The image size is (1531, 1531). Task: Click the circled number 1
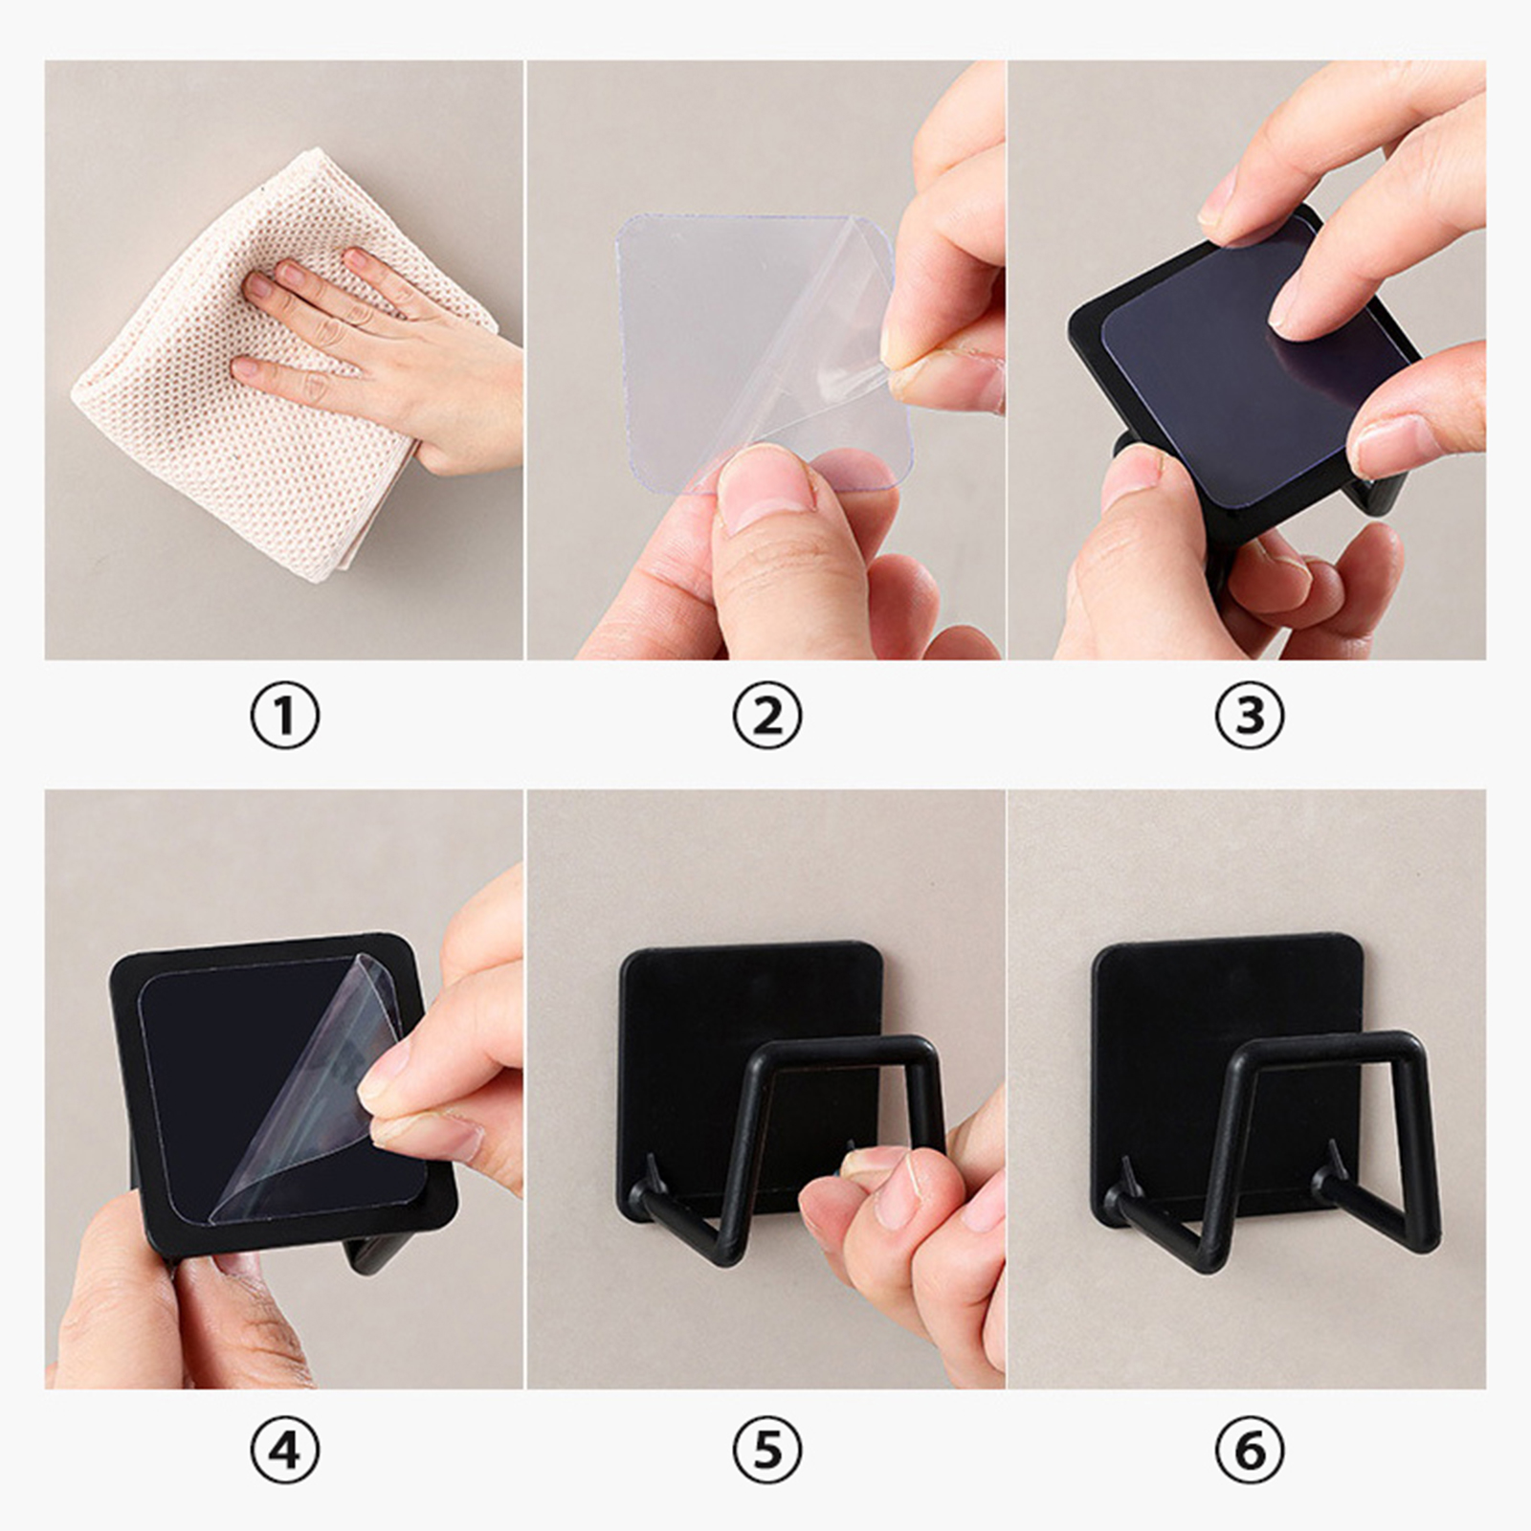[284, 716]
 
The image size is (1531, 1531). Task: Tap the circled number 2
[766, 716]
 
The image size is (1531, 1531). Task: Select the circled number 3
[1249, 716]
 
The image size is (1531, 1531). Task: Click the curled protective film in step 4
[306, 1091]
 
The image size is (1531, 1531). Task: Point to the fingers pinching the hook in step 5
[899, 1234]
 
